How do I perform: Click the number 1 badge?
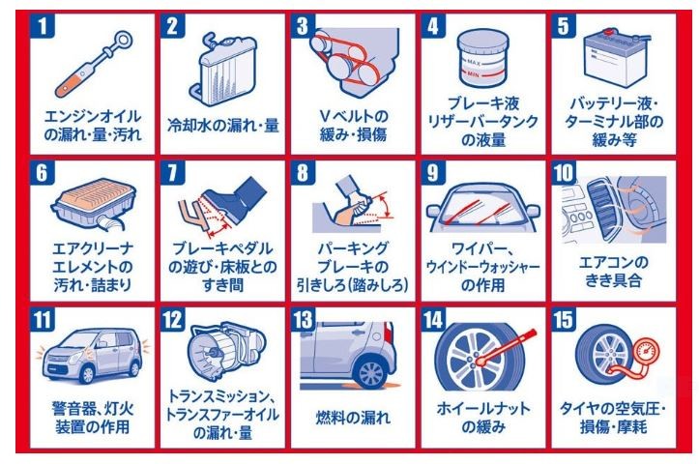[43, 25]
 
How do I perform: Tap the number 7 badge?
[172, 172]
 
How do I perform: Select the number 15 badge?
[564, 319]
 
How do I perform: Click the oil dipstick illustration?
[94, 64]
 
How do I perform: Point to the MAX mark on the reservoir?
[474, 63]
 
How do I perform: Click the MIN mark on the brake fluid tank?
[474, 74]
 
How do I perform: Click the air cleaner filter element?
[94, 203]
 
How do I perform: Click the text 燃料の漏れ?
[353, 418]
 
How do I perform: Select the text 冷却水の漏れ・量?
[223, 126]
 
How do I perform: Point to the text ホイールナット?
[483, 408]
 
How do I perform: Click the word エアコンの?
[613, 262]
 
